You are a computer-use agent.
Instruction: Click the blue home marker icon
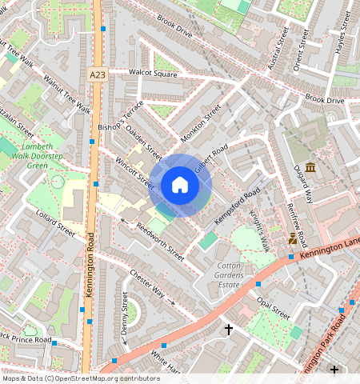point(180,186)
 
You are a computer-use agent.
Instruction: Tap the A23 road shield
point(96,74)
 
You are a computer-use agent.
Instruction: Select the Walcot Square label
point(153,74)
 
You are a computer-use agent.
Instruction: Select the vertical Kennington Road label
point(90,265)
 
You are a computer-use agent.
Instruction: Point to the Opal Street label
point(274,307)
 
